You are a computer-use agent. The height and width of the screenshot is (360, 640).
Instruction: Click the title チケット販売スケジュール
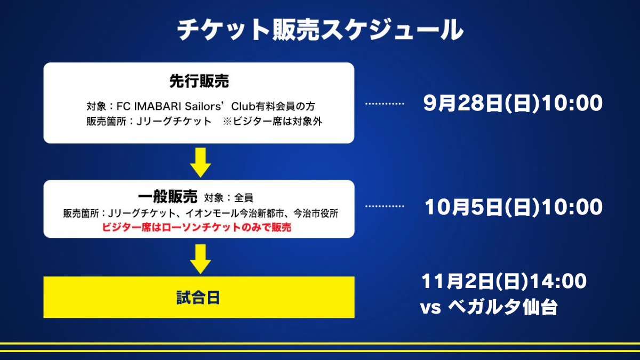(x=320, y=30)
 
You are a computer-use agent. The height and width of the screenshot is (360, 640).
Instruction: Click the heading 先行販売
(x=199, y=81)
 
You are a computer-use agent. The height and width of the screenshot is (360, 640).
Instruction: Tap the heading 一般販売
(x=167, y=197)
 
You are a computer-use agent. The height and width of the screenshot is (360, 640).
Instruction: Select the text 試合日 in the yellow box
(x=198, y=298)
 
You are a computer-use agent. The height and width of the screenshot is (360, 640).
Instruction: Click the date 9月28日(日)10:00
(x=513, y=103)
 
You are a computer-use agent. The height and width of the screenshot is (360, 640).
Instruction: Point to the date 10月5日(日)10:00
(x=514, y=207)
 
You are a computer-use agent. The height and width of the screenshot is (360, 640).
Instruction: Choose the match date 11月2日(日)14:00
(x=504, y=281)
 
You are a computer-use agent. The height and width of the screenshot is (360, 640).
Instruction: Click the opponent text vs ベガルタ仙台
(x=489, y=307)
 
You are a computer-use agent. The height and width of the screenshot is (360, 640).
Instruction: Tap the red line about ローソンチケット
(x=197, y=227)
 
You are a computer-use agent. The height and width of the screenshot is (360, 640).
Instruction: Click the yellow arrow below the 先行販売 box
(x=201, y=163)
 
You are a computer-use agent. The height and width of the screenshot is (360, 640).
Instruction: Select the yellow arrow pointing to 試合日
(x=201, y=259)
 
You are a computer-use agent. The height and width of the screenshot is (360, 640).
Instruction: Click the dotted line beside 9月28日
(x=385, y=103)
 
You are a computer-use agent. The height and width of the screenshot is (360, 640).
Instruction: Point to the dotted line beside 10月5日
(x=385, y=206)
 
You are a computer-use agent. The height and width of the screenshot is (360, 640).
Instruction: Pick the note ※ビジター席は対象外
(x=273, y=122)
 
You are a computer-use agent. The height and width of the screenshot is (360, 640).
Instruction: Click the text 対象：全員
(x=229, y=198)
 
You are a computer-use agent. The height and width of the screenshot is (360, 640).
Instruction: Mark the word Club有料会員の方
(x=273, y=106)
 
